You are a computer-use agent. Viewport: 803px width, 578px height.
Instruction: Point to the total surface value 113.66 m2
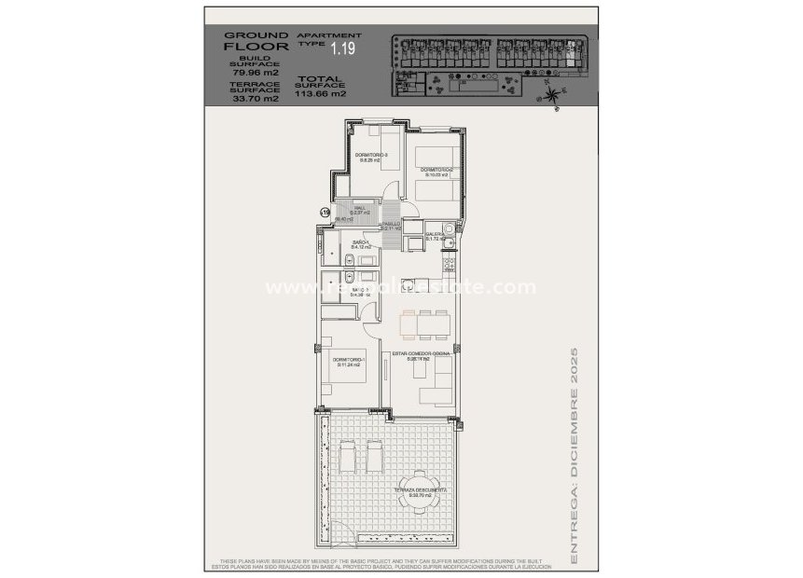click(320, 93)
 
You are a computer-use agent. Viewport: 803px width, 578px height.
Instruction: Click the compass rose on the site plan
click(553, 92)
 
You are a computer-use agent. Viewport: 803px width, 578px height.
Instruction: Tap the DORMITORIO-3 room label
click(371, 157)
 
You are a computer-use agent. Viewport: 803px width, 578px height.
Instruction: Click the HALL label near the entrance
click(360, 212)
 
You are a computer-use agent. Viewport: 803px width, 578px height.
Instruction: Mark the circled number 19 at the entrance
click(325, 213)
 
